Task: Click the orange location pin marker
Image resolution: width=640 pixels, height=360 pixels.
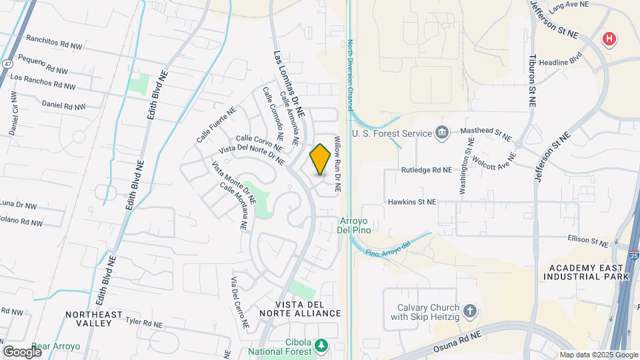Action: coord(321,159)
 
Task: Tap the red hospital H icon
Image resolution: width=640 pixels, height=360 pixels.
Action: coord(609,39)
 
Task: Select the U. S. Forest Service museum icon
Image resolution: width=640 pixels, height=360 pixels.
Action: coord(441,133)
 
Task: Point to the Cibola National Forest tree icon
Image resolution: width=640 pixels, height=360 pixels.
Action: coord(322,345)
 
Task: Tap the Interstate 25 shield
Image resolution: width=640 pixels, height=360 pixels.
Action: coord(633,254)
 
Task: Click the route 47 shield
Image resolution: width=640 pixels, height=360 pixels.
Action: coord(7,63)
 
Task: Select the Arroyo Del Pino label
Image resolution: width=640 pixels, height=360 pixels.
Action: coord(355,225)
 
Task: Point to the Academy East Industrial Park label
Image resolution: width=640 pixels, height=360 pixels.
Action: coord(587,271)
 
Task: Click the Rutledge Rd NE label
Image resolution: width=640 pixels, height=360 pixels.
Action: coord(426,170)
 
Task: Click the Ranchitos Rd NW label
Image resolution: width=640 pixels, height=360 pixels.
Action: coord(49,49)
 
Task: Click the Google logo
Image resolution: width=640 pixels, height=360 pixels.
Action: coord(22,351)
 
